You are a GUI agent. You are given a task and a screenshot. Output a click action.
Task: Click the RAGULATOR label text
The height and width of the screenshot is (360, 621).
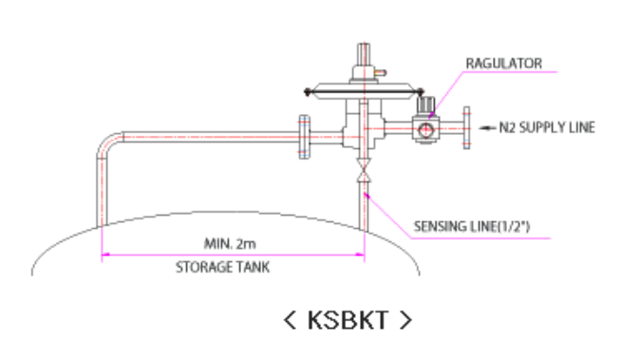click(503, 64)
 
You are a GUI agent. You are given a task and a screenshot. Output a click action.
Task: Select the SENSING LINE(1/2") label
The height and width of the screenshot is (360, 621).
click(472, 226)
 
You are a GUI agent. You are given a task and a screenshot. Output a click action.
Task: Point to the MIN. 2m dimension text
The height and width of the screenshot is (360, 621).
click(230, 243)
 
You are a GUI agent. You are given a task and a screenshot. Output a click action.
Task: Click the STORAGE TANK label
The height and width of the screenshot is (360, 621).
click(222, 267)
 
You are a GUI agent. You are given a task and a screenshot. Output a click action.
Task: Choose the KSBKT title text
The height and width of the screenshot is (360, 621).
click(348, 320)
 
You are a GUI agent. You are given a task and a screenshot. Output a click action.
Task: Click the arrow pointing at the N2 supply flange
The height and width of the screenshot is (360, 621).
click(487, 127)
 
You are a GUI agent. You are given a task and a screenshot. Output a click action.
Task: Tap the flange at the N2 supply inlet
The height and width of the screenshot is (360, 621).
click(467, 128)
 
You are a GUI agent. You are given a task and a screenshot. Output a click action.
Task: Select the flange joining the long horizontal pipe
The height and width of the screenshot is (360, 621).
click(304, 137)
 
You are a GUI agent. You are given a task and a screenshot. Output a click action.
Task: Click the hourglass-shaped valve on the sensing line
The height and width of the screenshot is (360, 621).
click(364, 170)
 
